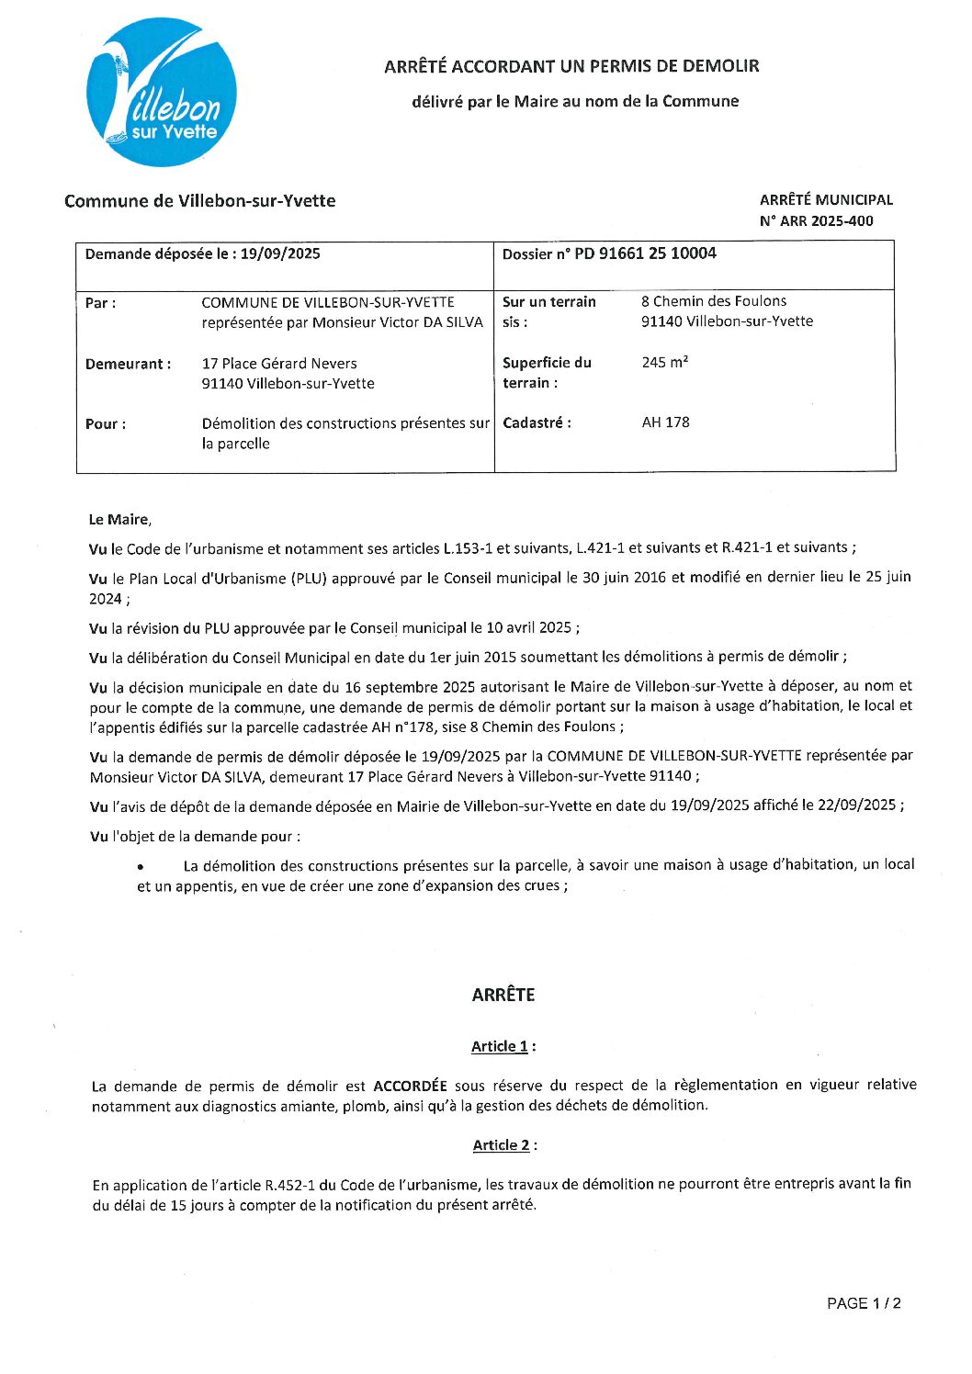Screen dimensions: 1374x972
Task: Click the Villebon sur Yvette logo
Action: [x=162, y=93]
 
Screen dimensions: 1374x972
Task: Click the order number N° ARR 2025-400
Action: [x=816, y=221]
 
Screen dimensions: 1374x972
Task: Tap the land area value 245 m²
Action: [x=664, y=363]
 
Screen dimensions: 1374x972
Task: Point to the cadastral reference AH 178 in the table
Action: [x=665, y=422]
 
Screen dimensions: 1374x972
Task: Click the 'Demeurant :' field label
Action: [x=128, y=364]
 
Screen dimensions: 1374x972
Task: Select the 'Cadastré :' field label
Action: [x=537, y=423]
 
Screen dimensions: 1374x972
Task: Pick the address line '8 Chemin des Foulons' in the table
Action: [x=714, y=301]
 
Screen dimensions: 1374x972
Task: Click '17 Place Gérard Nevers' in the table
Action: [x=279, y=364]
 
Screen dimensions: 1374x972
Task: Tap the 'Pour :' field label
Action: [x=106, y=424]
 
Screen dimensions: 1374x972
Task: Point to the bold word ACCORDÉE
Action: [x=410, y=1086]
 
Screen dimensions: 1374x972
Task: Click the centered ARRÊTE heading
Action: [x=503, y=995]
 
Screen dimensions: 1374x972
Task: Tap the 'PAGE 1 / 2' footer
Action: [x=864, y=1303]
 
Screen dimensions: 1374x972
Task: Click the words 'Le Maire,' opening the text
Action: [x=119, y=520]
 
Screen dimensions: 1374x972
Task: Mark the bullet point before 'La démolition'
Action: [x=141, y=867]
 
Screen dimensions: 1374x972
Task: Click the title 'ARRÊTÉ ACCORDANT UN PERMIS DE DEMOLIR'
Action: [x=571, y=66]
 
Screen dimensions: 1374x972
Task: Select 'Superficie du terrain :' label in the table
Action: [x=547, y=373]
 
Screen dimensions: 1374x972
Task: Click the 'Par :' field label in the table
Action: [x=100, y=303]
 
